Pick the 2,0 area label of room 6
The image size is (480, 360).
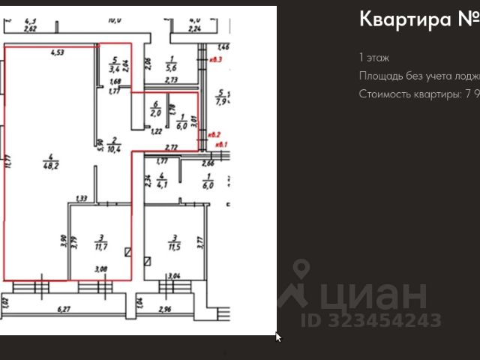(x=155, y=113)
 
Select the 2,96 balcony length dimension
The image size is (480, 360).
(x=166, y=308)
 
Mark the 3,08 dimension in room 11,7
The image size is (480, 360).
(x=100, y=268)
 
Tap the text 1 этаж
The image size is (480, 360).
(x=373, y=58)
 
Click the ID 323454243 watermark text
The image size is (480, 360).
(x=370, y=319)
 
